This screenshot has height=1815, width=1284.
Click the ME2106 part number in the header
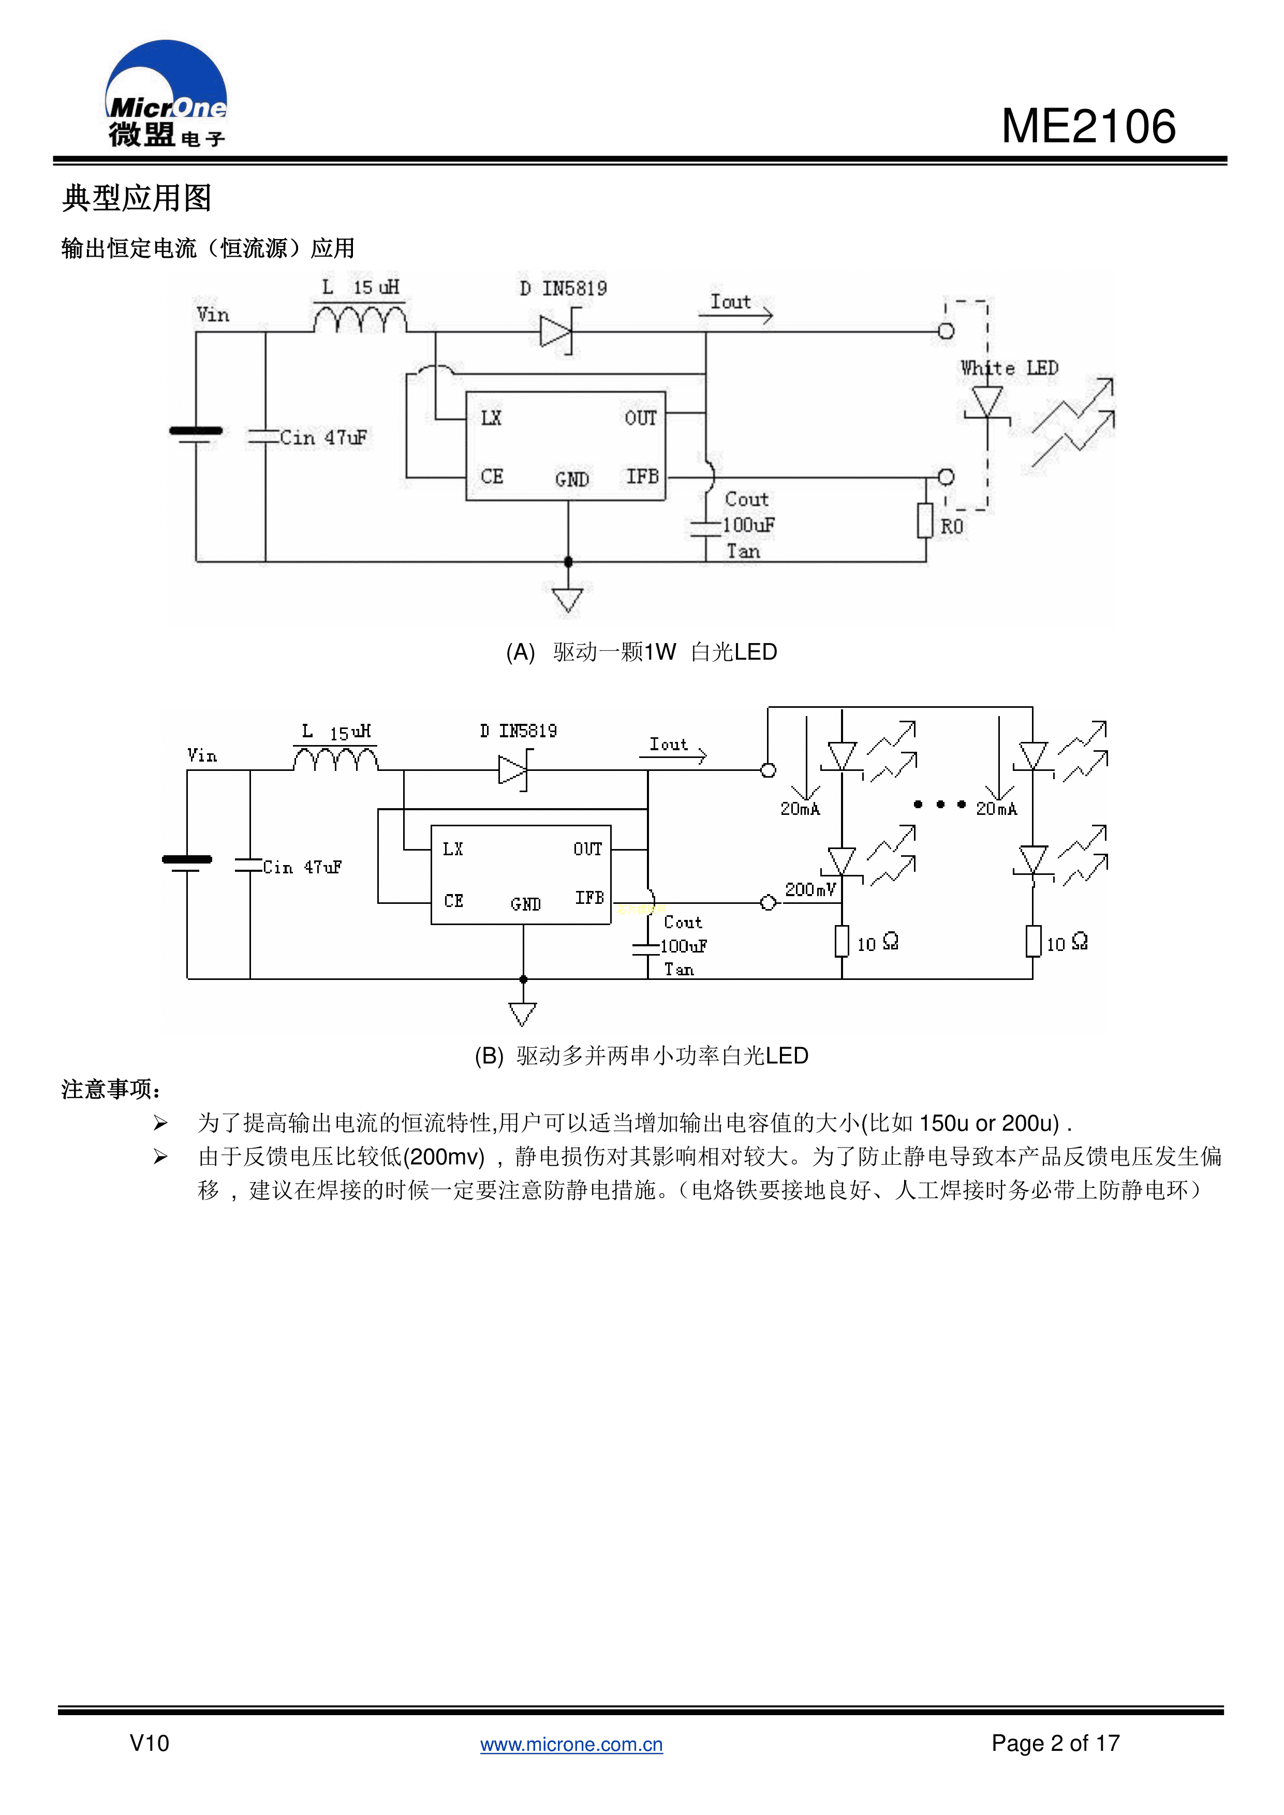pyautogui.click(x=1088, y=126)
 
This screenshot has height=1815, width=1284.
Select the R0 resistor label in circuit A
pyautogui.click(x=951, y=527)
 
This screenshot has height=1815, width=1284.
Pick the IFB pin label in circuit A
pyautogui.click(x=642, y=476)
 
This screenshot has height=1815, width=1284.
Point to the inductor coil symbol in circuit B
pyautogui.click(x=335, y=760)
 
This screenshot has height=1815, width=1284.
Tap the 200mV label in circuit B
pyautogui.click(x=809, y=890)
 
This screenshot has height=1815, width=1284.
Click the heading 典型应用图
pyautogui.click(x=137, y=198)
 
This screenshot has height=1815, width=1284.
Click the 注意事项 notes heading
pyautogui.click(x=111, y=1089)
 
